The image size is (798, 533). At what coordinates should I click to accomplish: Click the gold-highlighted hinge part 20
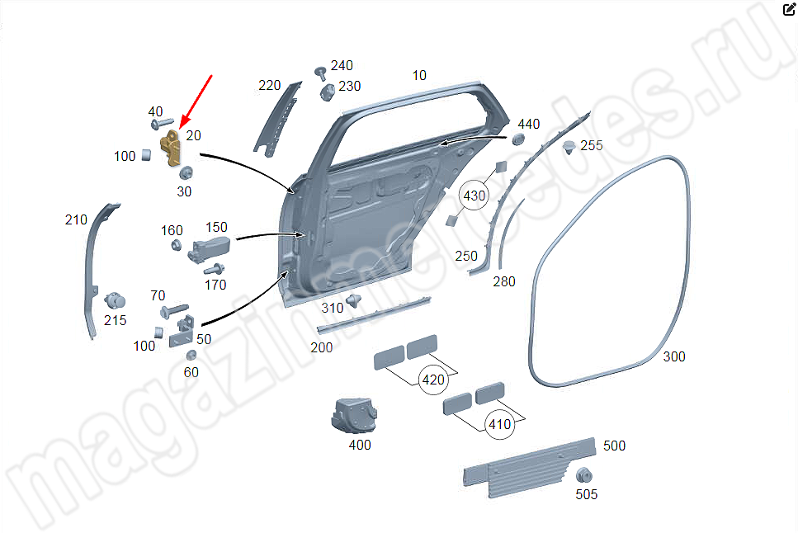click(171, 148)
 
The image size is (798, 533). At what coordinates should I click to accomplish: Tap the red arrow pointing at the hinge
click(196, 101)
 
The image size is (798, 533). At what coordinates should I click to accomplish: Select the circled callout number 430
click(474, 196)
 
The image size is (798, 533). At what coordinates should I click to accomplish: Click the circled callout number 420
click(433, 380)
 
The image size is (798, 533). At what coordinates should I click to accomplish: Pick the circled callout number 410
click(500, 424)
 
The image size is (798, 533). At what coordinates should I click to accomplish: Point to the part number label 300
click(674, 356)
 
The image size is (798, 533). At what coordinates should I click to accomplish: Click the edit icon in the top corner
click(789, 9)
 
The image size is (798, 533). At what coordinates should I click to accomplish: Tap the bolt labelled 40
click(163, 124)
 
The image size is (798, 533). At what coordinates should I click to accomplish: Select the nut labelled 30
click(186, 173)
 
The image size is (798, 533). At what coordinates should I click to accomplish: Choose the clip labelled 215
click(115, 301)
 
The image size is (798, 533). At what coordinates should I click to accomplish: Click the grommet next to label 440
click(518, 139)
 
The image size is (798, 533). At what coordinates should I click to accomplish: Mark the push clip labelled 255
click(569, 147)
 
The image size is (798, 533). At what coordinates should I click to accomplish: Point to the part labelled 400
click(354, 415)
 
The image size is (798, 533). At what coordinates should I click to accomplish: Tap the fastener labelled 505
click(584, 476)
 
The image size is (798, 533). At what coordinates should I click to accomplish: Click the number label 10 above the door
click(419, 75)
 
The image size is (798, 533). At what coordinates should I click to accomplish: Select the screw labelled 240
click(320, 73)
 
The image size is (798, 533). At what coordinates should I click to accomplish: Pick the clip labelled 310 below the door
click(353, 300)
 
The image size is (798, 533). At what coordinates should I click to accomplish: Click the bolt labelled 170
click(215, 268)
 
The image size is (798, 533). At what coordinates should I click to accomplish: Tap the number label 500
click(614, 446)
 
